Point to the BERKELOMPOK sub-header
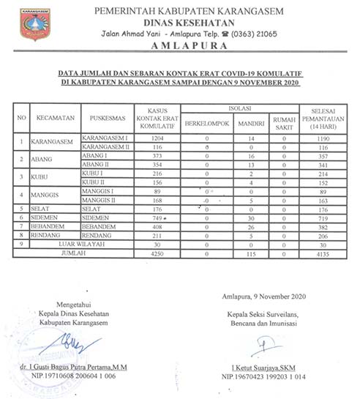pyautogui.click(x=207, y=123)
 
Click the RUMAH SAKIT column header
pyautogui.click(x=285, y=123)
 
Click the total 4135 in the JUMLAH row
pyautogui.click(x=318, y=253)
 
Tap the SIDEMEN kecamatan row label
pyautogui.click(x=45, y=219)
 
